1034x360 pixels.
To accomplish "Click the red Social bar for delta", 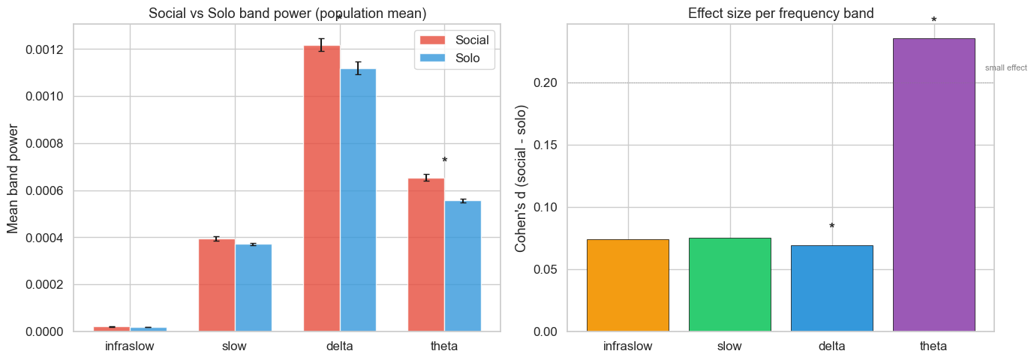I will [321, 188].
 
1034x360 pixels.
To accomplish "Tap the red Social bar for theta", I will [426, 254].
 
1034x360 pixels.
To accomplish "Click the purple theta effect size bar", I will [933, 184].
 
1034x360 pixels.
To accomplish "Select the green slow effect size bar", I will [729, 284].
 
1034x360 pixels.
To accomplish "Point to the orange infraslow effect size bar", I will [627, 285].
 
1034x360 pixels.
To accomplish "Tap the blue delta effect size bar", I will [831, 288].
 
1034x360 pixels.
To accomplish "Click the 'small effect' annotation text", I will [1005, 68].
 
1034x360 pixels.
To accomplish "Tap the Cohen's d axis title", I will [521, 178].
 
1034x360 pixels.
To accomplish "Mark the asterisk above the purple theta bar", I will [933, 21].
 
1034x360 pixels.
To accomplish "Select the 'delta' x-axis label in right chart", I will [831, 346].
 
